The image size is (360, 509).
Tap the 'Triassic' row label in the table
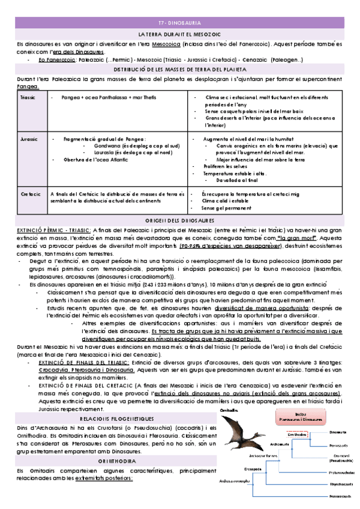(28, 97)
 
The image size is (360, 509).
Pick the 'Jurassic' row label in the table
(28, 139)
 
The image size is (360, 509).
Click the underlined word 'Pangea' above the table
(28, 86)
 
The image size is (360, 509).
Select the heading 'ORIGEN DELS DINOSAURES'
(180, 221)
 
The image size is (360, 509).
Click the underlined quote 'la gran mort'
(301, 238)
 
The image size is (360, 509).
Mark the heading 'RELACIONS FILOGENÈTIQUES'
(116, 402)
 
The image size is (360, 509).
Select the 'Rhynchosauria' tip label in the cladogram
(341, 483)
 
